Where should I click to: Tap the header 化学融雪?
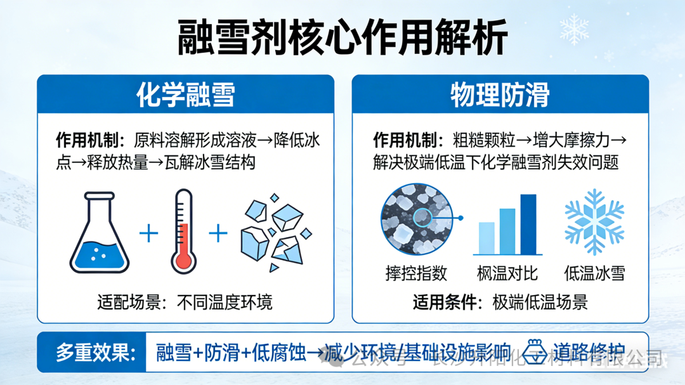click(185, 95)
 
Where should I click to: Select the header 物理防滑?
click(500, 95)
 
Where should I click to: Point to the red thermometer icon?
click(184, 232)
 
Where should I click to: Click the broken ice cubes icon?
click(275, 235)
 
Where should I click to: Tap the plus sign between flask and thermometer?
click(148, 233)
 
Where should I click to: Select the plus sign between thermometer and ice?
click(218, 233)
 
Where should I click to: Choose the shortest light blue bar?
click(486, 238)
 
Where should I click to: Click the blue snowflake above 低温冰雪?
click(594, 222)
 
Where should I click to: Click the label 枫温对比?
click(507, 273)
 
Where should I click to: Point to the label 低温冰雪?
click(594, 273)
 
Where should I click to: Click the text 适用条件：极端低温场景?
click(500, 303)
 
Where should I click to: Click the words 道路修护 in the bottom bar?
click(589, 351)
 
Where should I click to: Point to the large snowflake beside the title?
click(575, 29)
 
